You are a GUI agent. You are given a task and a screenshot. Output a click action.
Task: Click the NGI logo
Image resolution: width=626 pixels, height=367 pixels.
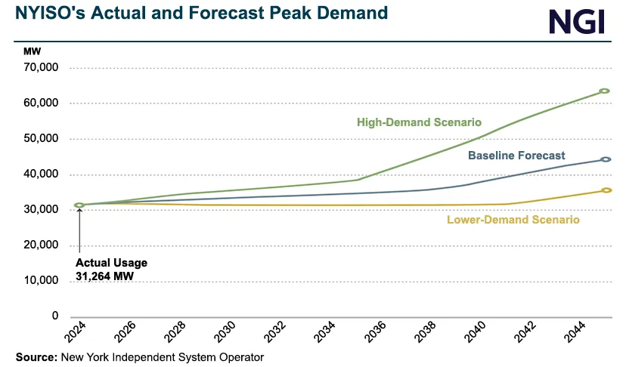tap(577, 22)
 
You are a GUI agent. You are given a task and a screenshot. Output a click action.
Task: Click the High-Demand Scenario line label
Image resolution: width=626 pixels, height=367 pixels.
tap(420, 122)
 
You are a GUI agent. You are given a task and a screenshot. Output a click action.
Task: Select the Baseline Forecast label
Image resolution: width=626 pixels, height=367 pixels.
tap(516, 156)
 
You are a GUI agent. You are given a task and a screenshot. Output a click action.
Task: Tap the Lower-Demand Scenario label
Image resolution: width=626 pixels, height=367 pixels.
tap(513, 220)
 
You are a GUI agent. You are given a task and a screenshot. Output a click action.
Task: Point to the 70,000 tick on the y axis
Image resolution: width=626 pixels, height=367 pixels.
tap(42, 68)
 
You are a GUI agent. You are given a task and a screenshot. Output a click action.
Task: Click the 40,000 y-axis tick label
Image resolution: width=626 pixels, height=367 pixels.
tap(42, 174)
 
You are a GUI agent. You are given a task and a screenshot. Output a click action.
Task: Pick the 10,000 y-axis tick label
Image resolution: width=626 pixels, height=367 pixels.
tap(42, 281)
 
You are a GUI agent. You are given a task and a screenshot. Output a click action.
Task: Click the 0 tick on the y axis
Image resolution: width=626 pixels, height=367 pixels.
tap(55, 316)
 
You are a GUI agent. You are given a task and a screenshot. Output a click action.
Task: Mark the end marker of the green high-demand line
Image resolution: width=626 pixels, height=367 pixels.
tap(604, 91)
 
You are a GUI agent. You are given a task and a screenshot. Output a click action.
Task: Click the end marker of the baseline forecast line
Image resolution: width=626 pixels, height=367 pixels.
tap(606, 159)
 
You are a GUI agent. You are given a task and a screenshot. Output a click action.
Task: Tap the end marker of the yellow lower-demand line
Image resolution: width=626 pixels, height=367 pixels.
tap(606, 190)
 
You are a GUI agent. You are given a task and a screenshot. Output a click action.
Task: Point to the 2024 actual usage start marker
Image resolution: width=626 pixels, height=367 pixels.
tap(79, 205)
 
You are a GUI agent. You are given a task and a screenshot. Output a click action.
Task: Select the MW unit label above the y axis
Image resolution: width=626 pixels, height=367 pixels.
tap(33, 51)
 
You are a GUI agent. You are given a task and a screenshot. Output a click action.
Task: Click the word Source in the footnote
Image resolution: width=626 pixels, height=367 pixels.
tap(36, 357)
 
